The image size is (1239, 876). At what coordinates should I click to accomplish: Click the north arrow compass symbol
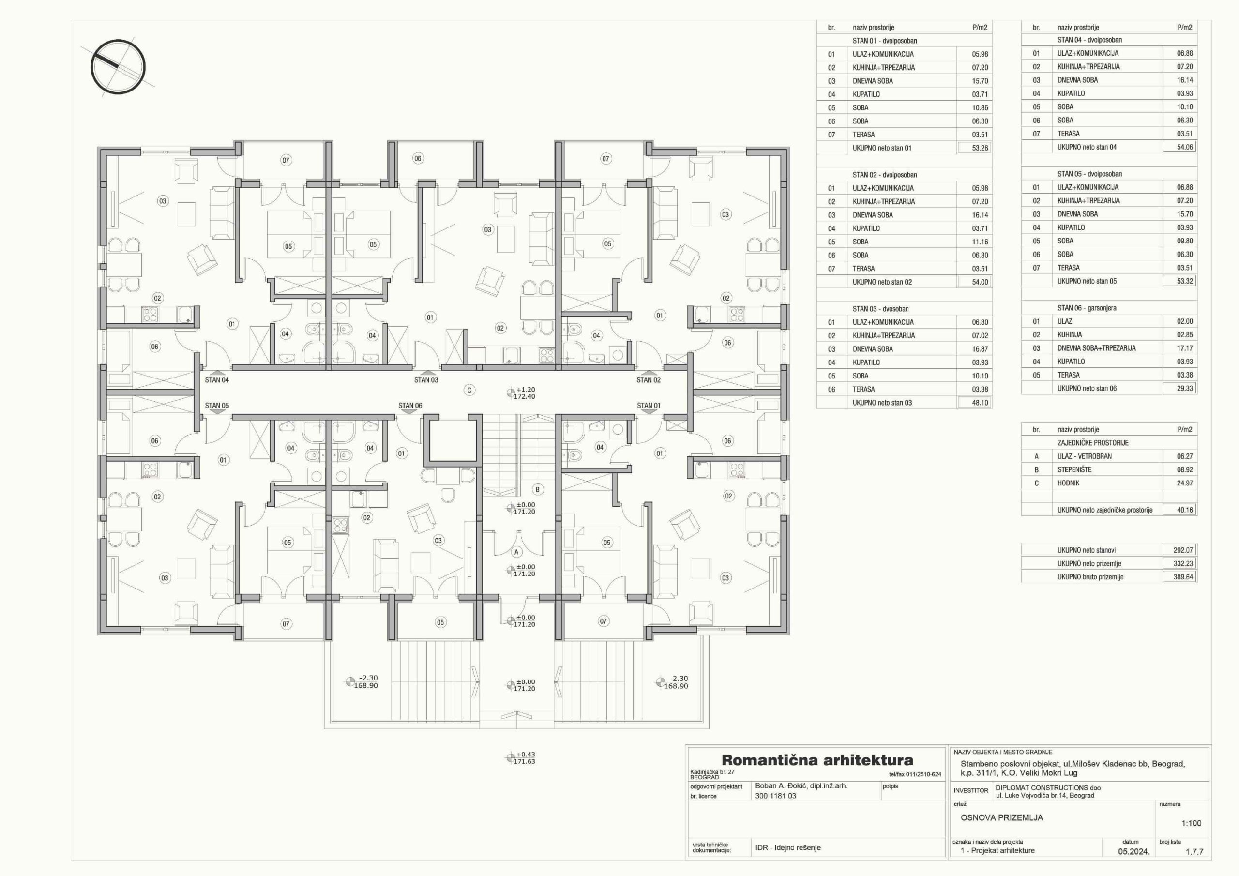118,67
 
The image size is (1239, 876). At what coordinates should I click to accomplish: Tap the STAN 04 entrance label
217,380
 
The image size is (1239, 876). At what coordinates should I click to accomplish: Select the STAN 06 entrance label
410,406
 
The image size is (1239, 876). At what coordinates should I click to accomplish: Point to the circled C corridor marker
469,390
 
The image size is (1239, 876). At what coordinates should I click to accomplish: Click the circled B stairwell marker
538,490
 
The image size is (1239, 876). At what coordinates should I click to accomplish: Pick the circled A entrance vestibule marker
516,552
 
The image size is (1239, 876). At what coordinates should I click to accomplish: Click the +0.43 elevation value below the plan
526,755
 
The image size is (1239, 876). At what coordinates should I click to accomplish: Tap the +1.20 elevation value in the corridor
526,390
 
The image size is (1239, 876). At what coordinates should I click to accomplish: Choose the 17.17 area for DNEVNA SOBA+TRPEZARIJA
1185,348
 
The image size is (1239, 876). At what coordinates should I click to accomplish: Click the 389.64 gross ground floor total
1183,577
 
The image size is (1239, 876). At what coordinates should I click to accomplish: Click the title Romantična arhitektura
817,760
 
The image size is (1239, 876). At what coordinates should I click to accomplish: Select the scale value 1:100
1192,823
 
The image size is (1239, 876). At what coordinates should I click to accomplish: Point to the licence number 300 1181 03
775,796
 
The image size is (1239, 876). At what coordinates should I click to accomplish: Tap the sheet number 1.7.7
1194,852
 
